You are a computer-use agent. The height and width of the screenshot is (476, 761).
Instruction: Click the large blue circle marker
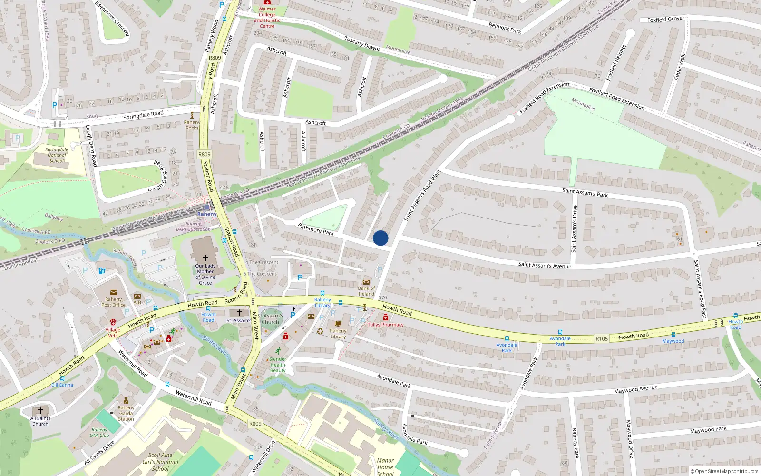pos(380,238)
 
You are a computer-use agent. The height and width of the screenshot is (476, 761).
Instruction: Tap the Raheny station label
pos(207,214)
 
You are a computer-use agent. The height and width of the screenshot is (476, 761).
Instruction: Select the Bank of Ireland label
pos(366,290)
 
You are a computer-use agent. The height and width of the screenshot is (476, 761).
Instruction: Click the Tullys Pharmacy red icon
pos(385,317)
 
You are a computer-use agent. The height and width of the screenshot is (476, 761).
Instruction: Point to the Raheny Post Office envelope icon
pos(113,292)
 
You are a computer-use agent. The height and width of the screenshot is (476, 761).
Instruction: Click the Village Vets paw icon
pos(113,322)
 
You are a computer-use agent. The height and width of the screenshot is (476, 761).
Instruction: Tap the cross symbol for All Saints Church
pos(40,410)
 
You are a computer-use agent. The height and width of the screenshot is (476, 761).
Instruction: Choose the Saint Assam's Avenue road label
pos(545,265)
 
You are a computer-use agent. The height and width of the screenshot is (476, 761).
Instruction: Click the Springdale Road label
pos(143,115)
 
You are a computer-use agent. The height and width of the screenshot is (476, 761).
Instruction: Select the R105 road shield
pos(602,339)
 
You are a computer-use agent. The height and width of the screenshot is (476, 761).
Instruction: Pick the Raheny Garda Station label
pos(126,413)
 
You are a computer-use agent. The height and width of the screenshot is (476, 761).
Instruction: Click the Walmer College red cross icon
pos(267,2)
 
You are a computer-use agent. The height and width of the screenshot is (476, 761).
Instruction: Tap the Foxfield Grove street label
pos(664,20)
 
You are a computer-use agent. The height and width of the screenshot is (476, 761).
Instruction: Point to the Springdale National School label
pos(57,155)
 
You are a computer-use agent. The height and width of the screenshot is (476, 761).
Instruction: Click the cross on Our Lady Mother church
pos(205,258)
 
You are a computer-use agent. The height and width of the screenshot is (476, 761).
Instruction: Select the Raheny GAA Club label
pos(99,432)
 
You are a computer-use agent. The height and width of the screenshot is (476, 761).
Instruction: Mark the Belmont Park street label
pos(505,28)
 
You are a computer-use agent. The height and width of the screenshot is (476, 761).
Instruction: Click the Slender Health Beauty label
pos(278,365)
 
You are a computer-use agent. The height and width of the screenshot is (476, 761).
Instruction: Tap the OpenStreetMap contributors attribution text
pos(724,471)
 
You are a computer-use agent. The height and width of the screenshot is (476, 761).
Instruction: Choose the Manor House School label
pos(385,466)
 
